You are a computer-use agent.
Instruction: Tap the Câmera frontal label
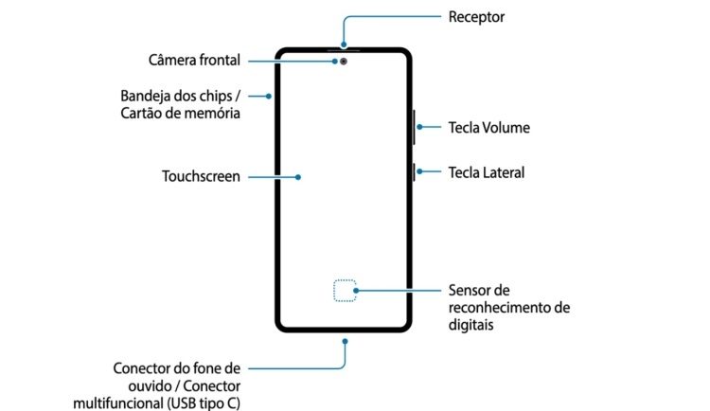[x=194, y=61]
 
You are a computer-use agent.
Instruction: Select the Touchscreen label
[x=201, y=176]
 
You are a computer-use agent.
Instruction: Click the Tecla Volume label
[x=488, y=127]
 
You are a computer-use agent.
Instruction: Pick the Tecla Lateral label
[x=486, y=172]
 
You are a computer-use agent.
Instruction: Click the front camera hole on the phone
[x=342, y=62]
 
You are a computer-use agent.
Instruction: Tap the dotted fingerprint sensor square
[x=345, y=292]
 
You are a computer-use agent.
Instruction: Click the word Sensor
[x=470, y=290]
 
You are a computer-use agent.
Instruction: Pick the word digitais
[x=470, y=324]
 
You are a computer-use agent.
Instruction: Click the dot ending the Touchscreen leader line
[x=298, y=176]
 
